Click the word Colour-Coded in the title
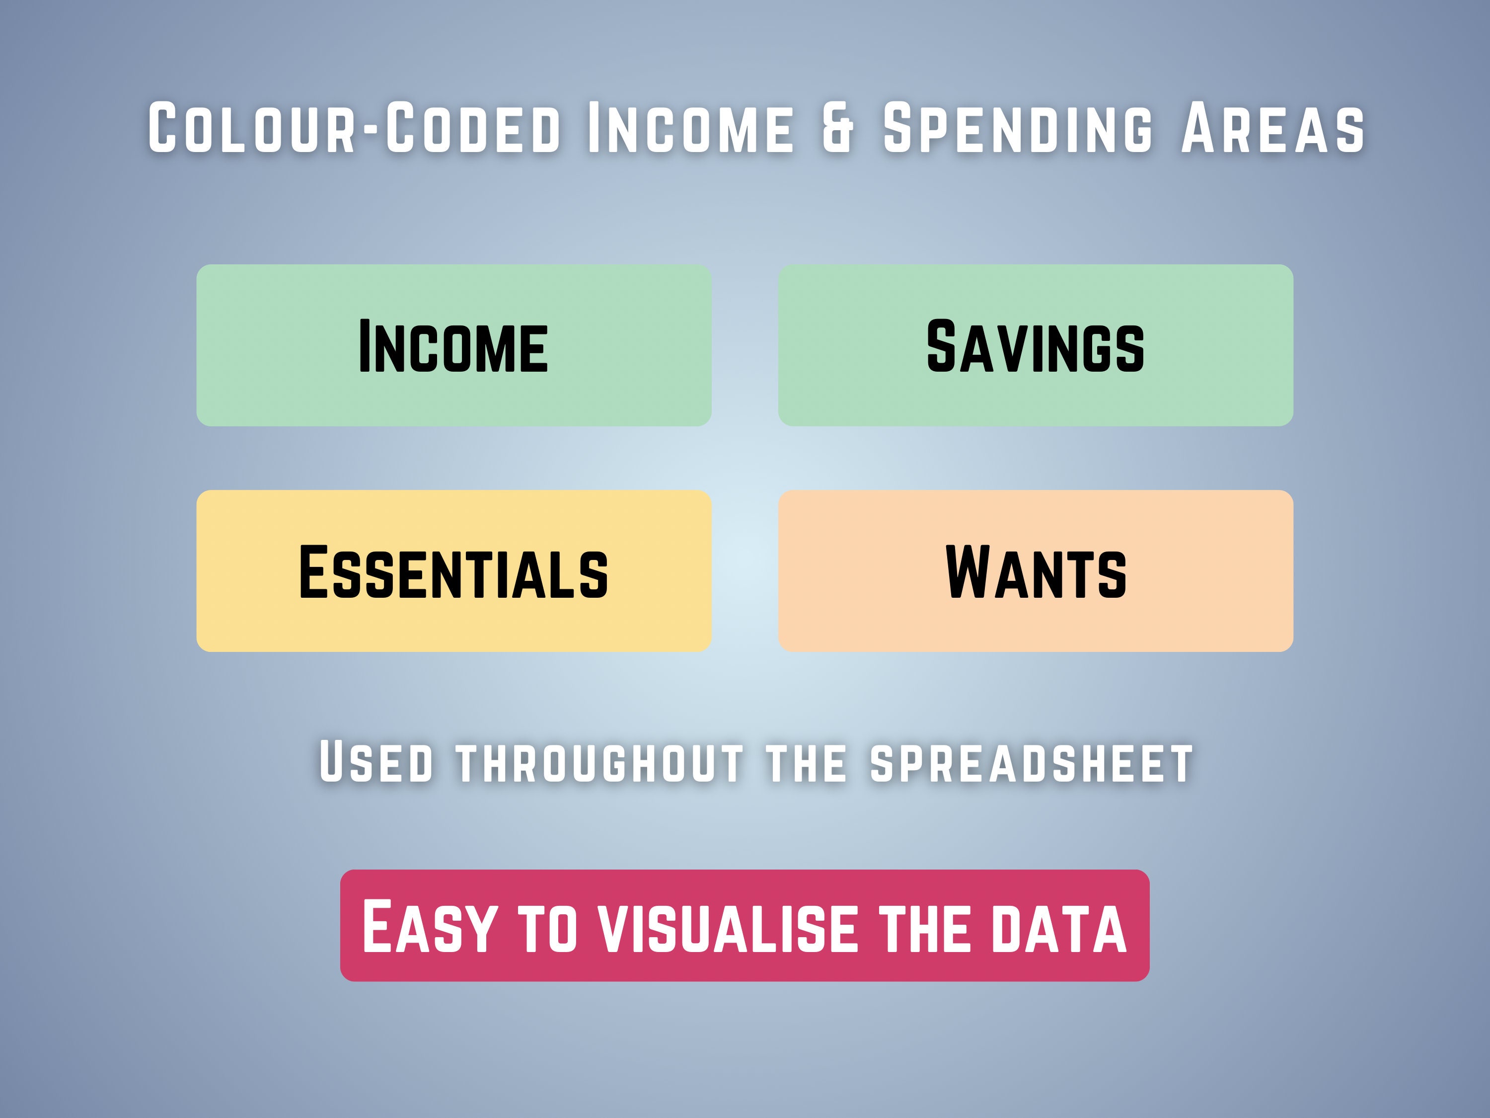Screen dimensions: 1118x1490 tap(354, 128)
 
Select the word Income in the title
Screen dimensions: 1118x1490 tap(690, 128)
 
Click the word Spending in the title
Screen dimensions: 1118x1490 tap(1017, 128)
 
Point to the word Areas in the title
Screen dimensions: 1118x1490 tap(1272, 128)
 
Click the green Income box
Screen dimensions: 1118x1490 tap(453, 345)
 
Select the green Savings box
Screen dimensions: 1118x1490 tap(1036, 345)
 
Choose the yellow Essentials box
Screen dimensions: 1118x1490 tap(453, 571)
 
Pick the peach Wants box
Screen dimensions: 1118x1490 tap(1036, 571)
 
